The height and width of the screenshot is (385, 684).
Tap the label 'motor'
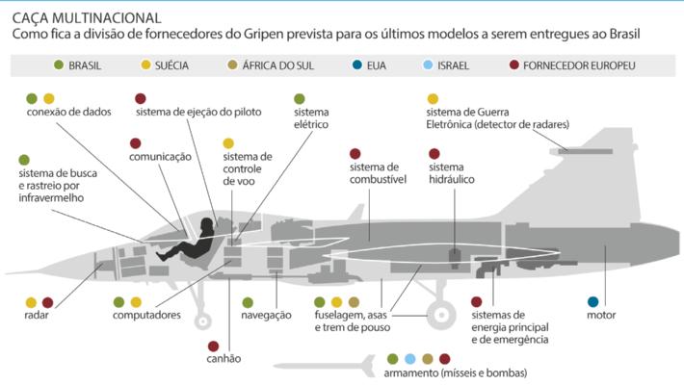600,315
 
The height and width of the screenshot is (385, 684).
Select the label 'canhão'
224,359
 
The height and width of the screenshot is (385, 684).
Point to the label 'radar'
38,315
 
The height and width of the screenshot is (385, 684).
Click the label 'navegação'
266,315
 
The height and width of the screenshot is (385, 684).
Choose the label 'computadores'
146,315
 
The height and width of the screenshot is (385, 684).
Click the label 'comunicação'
161,157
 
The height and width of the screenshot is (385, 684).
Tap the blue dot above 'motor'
592,301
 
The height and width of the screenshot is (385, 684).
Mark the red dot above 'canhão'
213,346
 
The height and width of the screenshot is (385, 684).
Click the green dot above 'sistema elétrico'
300,98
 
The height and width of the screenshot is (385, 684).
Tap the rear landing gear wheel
440,313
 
